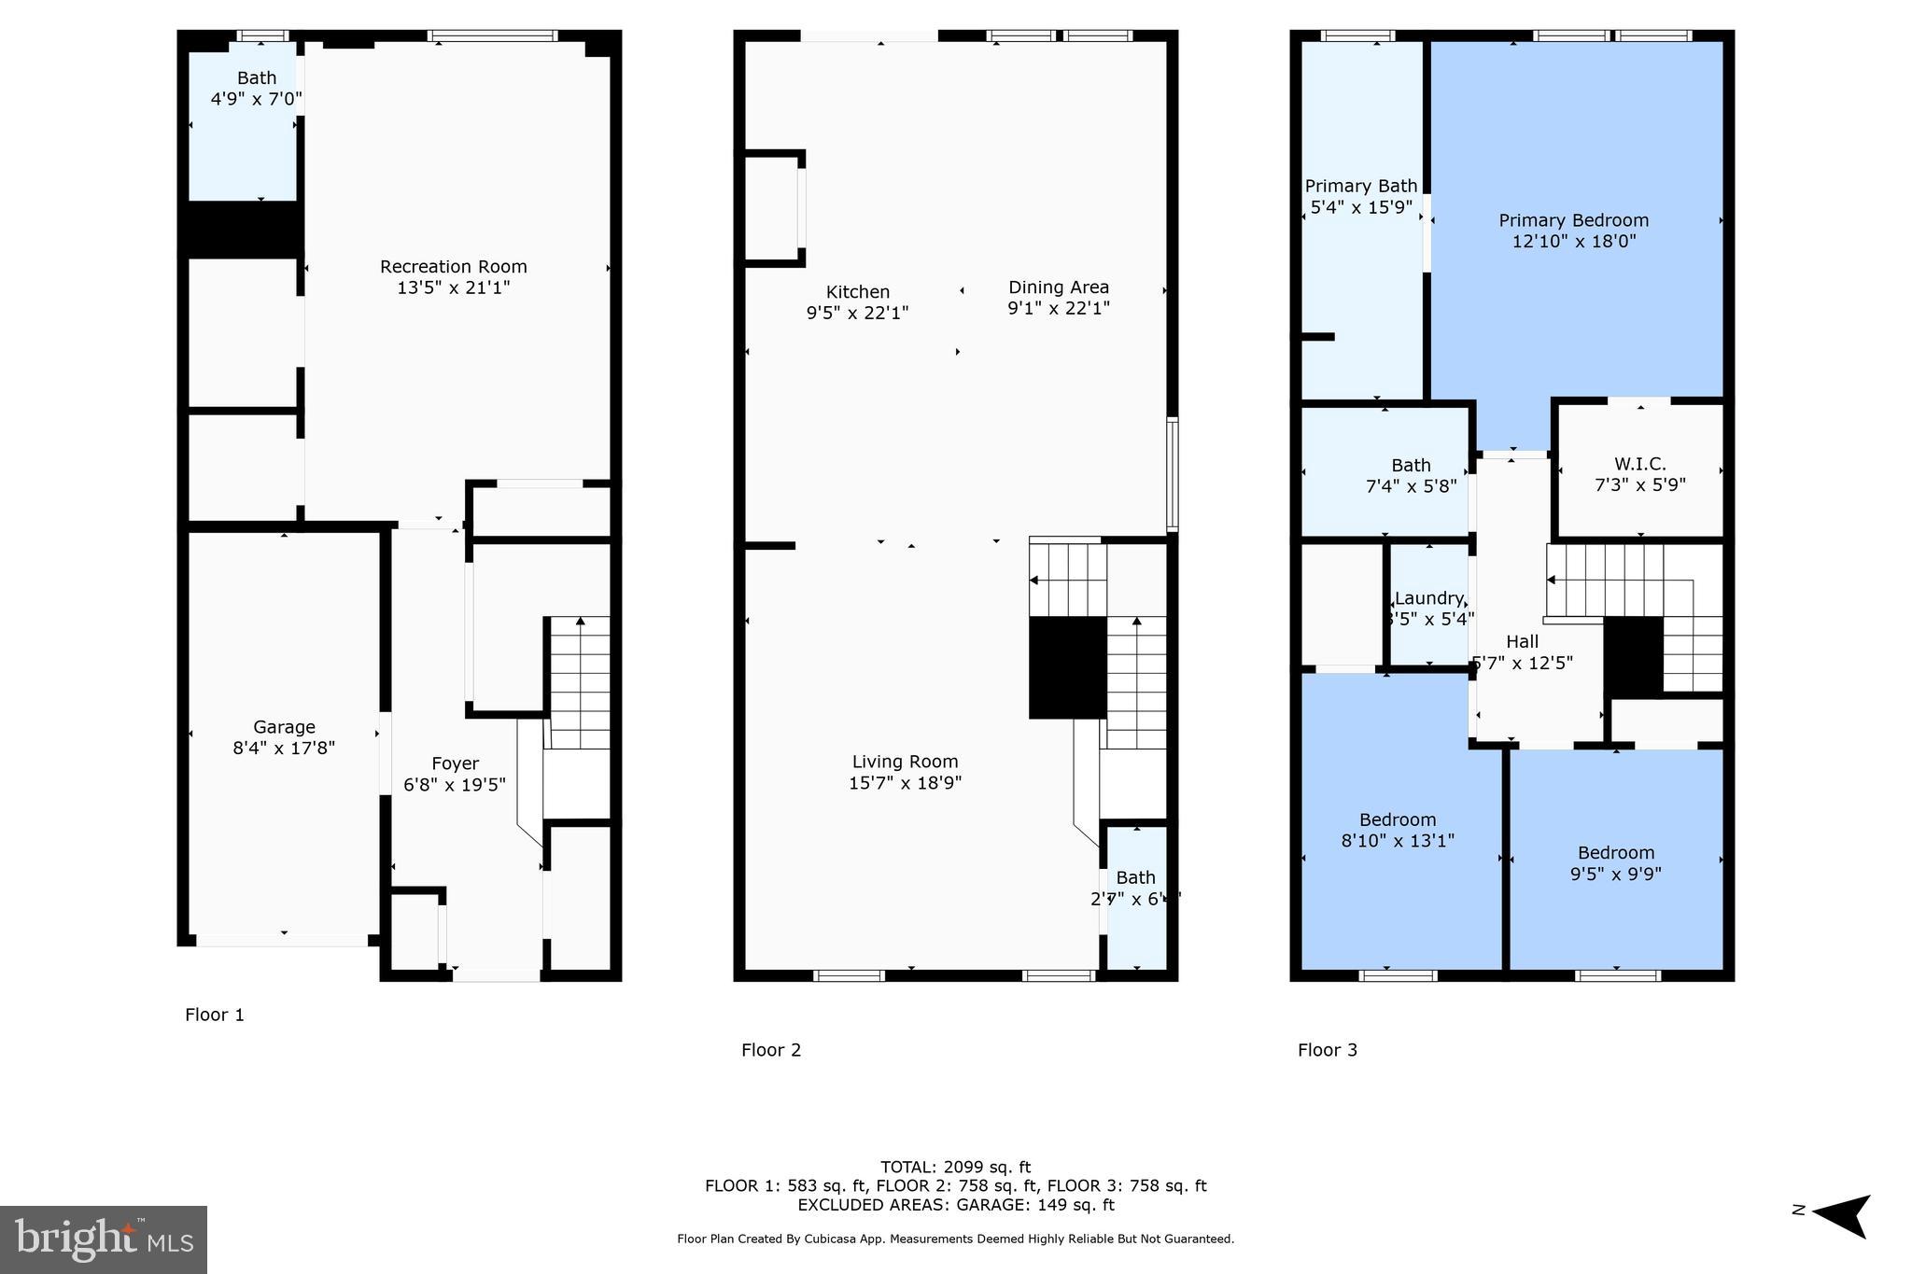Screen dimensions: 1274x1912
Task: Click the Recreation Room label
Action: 453,267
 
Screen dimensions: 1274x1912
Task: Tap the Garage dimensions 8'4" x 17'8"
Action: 284,748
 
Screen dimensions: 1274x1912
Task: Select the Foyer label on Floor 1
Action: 455,763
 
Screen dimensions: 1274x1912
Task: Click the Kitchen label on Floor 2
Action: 857,292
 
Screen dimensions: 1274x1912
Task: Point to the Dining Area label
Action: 1058,287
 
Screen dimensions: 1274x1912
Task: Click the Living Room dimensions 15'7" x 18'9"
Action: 905,783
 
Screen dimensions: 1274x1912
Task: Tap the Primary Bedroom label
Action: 1573,220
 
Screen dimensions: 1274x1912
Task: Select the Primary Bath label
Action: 1360,187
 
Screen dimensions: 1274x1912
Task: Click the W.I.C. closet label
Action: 1639,464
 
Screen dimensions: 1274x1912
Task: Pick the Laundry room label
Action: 1428,598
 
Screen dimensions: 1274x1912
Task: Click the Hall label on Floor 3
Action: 1522,641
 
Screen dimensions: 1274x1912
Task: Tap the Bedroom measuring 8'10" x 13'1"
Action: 1397,830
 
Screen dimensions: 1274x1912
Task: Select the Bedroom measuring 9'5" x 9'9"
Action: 1615,862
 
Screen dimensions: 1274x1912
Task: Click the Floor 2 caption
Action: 770,1050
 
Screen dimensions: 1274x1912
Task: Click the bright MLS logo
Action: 104,1239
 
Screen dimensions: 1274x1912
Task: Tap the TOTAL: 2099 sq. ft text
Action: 955,1167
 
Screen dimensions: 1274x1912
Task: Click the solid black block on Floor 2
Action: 1067,667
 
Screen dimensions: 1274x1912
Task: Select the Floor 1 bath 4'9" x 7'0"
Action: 256,89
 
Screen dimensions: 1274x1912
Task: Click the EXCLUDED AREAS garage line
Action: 955,1205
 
